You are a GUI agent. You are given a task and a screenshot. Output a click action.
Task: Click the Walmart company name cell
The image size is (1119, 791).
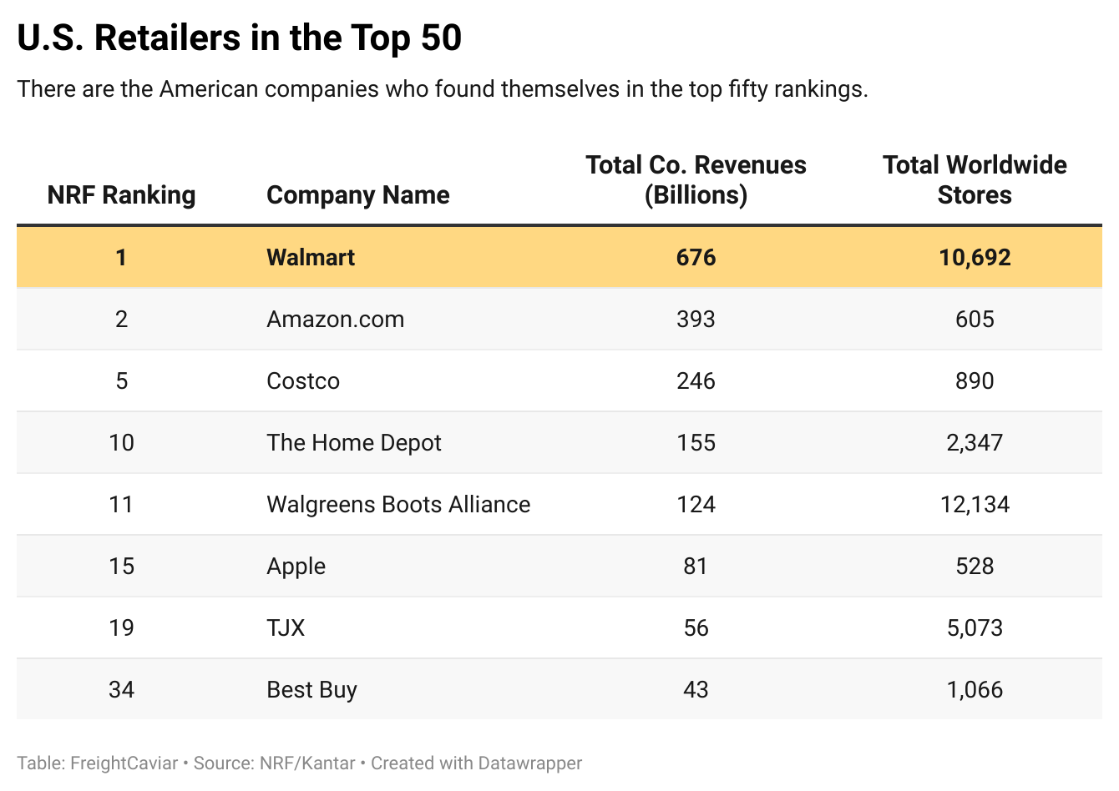tap(311, 257)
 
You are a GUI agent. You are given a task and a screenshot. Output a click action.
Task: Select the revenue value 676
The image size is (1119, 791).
tap(696, 257)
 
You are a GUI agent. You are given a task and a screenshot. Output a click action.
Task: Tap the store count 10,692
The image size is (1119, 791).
tap(975, 257)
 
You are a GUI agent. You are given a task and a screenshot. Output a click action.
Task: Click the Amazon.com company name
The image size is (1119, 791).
tap(335, 319)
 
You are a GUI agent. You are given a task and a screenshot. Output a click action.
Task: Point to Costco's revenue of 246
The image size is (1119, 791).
tap(696, 380)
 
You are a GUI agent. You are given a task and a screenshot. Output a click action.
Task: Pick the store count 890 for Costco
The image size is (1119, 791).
tap(975, 380)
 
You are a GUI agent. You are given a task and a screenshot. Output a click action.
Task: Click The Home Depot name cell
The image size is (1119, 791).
tap(354, 442)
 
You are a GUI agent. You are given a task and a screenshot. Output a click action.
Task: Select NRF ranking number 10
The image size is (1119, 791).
tap(121, 442)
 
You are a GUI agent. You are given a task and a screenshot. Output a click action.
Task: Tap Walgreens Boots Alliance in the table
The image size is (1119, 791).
tap(398, 504)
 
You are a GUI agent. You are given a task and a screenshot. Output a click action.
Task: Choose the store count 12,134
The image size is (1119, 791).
tap(975, 504)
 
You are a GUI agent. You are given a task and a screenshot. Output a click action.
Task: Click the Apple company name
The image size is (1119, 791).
tap(296, 566)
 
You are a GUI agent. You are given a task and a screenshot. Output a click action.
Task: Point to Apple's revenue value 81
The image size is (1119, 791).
tap(696, 566)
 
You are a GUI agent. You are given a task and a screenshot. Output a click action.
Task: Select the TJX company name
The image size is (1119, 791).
tap(286, 627)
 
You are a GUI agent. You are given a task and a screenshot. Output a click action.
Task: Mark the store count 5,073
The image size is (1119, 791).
tap(975, 627)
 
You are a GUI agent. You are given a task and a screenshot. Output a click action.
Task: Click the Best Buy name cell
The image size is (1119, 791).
tap(311, 689)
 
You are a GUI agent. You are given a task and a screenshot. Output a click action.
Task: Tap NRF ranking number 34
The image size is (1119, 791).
tap(121, 689)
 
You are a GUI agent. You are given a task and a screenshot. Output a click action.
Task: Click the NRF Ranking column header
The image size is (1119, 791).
tap(121, 194)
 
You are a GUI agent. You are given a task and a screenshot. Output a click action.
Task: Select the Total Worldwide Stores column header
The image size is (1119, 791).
tap(975, 179)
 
